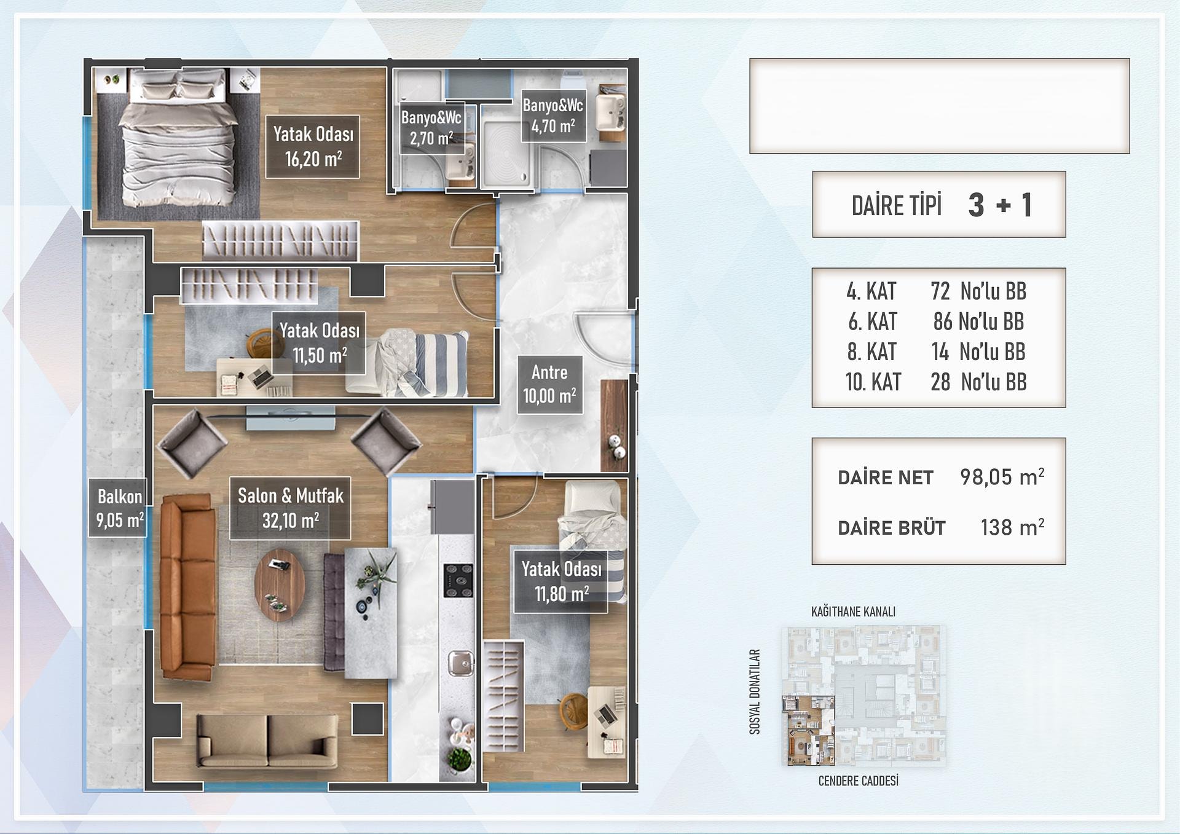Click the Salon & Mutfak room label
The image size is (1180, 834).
tap(290, 508)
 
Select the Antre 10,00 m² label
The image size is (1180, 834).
tap(549, 385)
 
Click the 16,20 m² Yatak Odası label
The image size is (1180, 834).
tap(313, 147)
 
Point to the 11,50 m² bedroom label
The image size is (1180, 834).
tap(319, 343)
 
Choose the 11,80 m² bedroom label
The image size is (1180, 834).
tap(560, 581)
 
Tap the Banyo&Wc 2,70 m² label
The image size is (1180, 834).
tap(431, 128)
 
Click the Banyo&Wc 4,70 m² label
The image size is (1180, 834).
tap(553, 116)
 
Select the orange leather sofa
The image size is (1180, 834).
tap(187, 588)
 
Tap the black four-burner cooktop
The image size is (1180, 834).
tap(458, 581)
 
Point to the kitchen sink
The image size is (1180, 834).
tap(460, 663)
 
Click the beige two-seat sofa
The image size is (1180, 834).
tap(267, 741)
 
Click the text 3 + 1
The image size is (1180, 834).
tap(1000, 205)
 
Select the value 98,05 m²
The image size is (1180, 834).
tap(1002, 477)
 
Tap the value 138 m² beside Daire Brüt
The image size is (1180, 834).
tap(1012, 527)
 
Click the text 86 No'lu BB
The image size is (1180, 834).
tap(978, 321)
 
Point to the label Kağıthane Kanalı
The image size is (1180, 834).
tap(853, 612)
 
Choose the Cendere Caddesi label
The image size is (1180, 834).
tap(858, 781)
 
